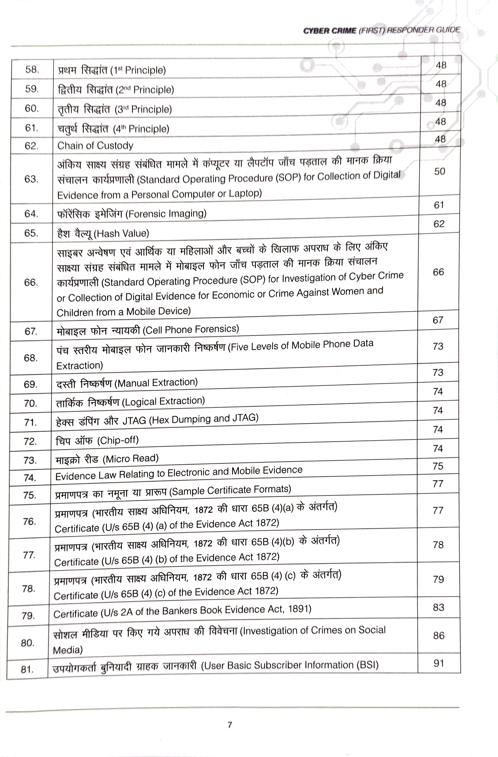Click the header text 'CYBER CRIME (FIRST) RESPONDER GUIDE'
coord(381,30)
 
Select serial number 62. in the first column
coord(31,146)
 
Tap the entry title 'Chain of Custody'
coord(95,146)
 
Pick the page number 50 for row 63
coord(440,171)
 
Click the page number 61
coord(439,205)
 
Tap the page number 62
coord(439,224)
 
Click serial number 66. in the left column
coord(31,282)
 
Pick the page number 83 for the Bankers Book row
coord(439,607)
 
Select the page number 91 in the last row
coord(439,663)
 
